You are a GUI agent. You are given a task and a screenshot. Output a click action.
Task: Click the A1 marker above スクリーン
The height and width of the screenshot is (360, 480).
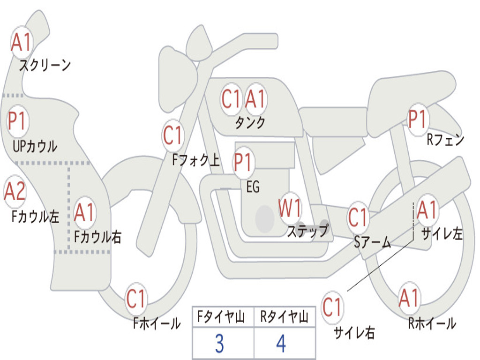coord(21,42)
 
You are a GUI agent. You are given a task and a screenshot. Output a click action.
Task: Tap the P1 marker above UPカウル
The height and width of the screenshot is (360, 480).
coord(18,121)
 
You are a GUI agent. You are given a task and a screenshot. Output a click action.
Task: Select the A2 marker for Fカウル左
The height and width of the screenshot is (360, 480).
coord(15,192)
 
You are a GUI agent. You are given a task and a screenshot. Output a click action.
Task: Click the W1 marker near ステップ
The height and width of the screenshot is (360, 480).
coord(290,208)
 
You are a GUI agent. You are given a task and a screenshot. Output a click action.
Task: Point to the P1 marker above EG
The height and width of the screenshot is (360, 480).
coord(243,162)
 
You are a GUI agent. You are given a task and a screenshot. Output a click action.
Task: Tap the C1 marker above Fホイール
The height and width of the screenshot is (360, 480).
coord(135,299)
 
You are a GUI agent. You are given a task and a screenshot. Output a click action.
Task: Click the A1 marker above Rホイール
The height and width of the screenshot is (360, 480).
coord(409,298)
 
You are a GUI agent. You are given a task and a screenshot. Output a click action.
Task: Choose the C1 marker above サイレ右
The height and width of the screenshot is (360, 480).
coord(332,307)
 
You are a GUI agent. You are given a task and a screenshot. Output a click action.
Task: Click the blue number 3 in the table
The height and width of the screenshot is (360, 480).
coord(219,344)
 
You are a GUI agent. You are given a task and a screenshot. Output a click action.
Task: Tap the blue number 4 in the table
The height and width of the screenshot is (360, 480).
coord(281,344)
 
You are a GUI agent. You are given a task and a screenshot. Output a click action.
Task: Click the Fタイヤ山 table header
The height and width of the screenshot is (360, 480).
coord(221,316)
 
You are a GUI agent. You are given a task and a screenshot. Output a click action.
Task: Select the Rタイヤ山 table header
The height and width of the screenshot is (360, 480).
coord(284,316)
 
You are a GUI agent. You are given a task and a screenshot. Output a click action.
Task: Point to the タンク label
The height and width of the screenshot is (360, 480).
coord(250,123)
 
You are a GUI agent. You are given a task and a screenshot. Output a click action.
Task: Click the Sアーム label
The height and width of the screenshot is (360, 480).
coord(373,243)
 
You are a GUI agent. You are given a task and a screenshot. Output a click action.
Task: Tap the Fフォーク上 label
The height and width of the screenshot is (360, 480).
coord(195,159)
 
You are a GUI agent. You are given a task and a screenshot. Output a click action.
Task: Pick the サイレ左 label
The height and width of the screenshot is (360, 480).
coord(442,234)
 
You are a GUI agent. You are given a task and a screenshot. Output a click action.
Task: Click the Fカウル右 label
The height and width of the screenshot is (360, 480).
coord(98,237)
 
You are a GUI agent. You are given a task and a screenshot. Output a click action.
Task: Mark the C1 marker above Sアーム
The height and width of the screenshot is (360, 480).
coord(358,217)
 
